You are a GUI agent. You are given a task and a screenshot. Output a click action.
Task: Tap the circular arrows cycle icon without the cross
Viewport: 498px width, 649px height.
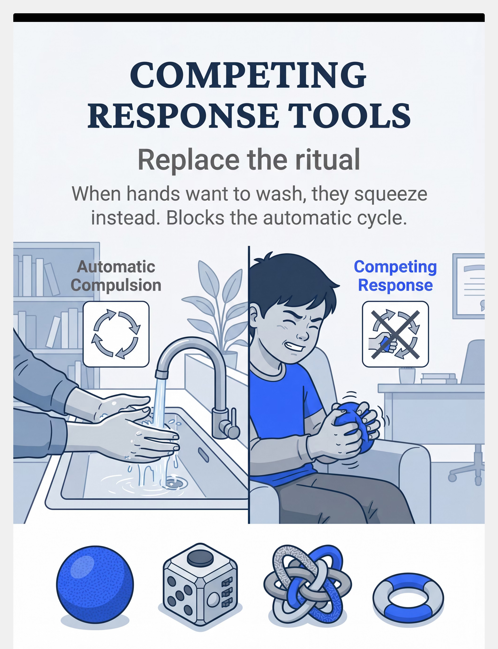point(116,334)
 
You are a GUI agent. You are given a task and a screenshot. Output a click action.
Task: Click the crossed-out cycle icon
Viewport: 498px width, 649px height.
point(395,334)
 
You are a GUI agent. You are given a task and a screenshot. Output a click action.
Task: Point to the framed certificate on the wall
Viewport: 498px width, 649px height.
point(468,286)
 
